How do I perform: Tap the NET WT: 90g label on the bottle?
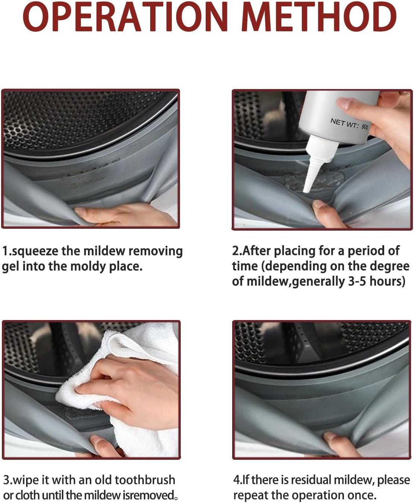[x=350, y=124]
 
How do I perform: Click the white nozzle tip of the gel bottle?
[x=306, y=191]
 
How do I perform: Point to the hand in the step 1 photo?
[x=124, y=215]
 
